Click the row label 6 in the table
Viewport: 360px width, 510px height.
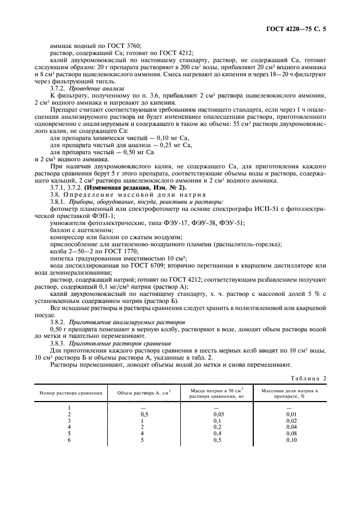tap(69, 440)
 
